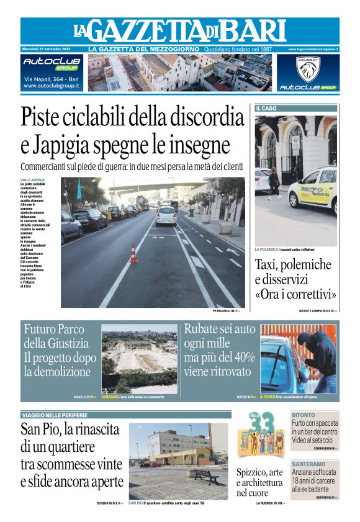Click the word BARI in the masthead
pos(253,30)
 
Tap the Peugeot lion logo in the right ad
pos(308,69)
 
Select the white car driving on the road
pos(166,215)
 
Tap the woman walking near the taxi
pos(274,180)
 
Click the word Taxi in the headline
pos(270,264)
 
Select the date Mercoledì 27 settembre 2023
pos(47,49)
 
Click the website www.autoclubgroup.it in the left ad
pos(52,86)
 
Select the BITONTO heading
pos(304,415)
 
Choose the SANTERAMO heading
pos(308,464)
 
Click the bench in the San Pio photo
pos(204,475)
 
